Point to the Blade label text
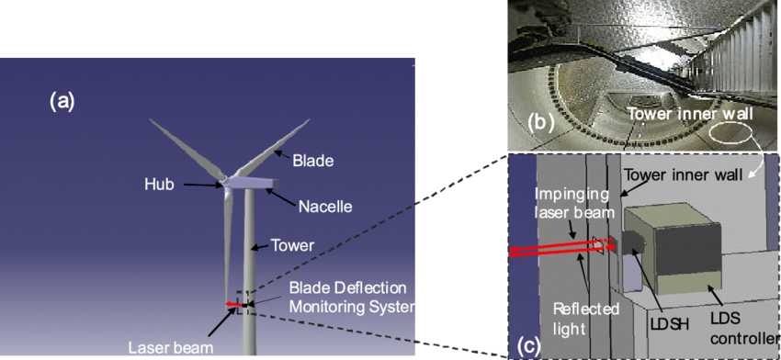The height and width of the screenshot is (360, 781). coord(312,161)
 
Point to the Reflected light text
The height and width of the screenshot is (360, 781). coord(585,317)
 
